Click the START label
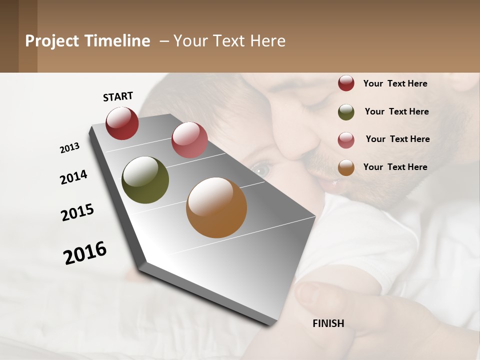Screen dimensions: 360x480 click(118, 96)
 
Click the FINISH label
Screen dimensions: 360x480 click(328, 323)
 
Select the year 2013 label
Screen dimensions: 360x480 click(70, 148)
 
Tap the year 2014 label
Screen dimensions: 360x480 click(74, 177)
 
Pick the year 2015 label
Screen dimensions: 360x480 click(77, 212)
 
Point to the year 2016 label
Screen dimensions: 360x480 click(85, 252)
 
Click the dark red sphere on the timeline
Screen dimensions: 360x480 click(122, 123)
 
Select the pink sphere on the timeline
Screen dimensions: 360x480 click(189, 140)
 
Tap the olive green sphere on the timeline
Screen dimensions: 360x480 click(145, 180)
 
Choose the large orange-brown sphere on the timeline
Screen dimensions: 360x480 click(216, 207)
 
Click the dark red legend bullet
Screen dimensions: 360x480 click(346, 83)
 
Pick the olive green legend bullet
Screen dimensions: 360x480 click(346, 112)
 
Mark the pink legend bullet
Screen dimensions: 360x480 click(346, 140)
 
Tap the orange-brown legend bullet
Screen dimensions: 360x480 click(346, 168)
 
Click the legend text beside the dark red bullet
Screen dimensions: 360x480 click(395, 83)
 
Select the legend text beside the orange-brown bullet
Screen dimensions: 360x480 click(395, 167)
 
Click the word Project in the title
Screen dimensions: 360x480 click(52, 41)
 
